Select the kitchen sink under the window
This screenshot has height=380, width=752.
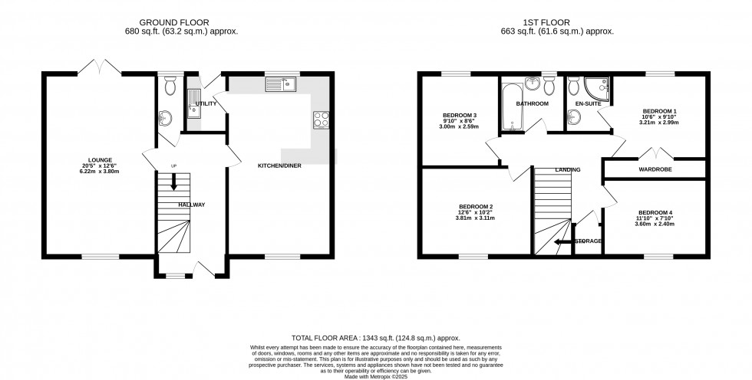tap(280, 84)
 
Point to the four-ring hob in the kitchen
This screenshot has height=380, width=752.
tap(321, 120)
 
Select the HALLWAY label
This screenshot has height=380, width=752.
tap(192, 205)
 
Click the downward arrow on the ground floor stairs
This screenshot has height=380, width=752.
tap(173, 182)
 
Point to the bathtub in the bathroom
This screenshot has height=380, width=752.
tap(511, 109)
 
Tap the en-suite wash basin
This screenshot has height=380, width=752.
tap(575, 117)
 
